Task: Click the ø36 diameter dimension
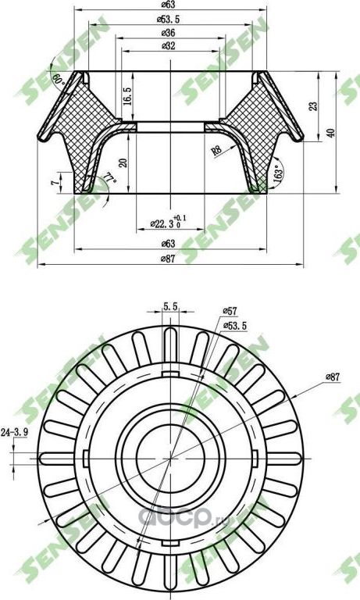click(x=167, y=34)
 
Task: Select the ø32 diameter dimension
click(x=167, y=46)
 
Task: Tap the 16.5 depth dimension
click(x=127, y=96)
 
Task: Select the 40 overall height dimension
click(x=331, y=132)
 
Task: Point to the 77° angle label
click(x=110, y=182)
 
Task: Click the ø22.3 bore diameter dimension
click(x=162, y=224)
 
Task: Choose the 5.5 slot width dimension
click(x=169, y=307)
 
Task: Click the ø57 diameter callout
click(x=230, y=311)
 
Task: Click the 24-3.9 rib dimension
click(x=15, y=430)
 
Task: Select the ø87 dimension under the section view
click(x=167, y=258)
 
